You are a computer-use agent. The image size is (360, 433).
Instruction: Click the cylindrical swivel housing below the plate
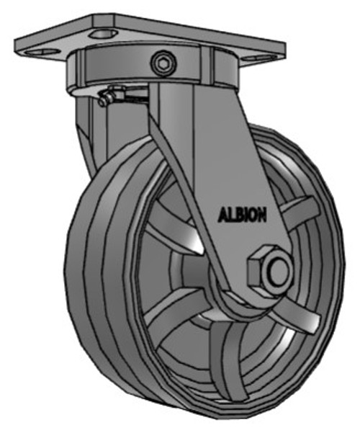tap(115, 68)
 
